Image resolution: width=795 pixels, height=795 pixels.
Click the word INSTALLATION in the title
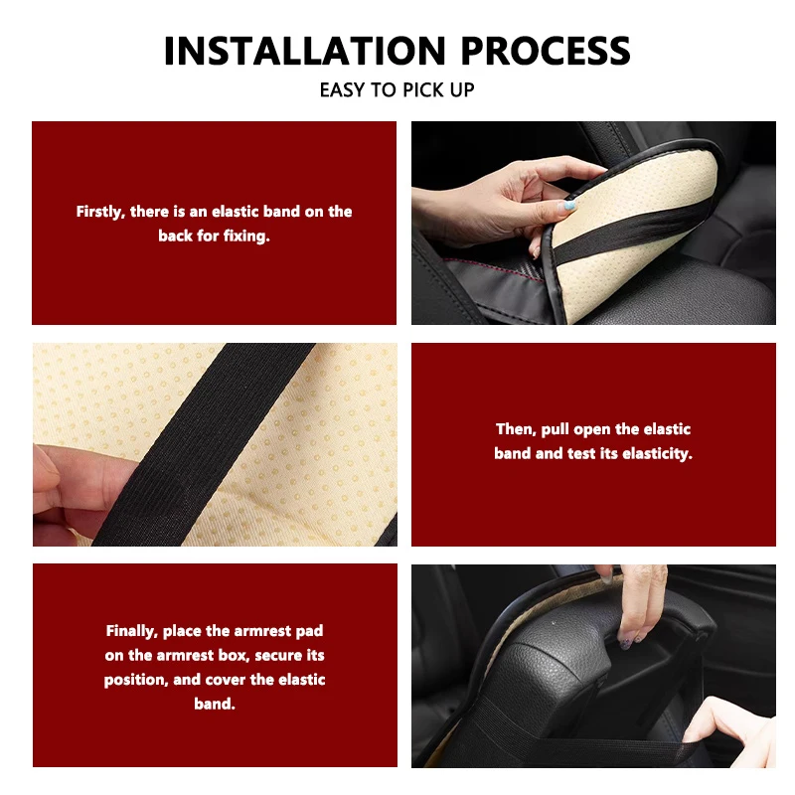point(305,51)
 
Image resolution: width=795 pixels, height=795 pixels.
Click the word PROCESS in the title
point(546,51)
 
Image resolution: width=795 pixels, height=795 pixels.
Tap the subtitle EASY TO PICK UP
point(397,89)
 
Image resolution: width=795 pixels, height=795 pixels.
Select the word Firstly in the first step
point(100,212)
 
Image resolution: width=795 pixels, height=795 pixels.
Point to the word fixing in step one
point(246,236)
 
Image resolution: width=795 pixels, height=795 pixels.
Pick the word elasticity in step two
point(657,453)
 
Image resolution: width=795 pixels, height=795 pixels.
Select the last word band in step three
point(215,704)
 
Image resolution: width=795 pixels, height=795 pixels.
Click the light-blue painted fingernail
point(567,206)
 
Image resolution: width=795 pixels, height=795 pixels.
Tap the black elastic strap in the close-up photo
point(203,444)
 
